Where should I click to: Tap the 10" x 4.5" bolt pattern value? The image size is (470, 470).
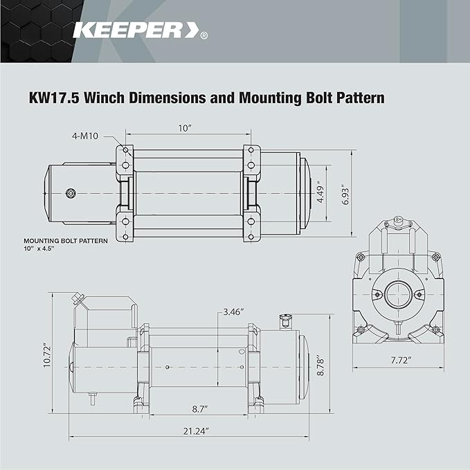pos(39,249)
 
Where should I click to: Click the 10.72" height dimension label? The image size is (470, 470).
pos(46,355)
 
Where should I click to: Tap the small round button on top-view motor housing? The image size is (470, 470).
pos(70,192)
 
